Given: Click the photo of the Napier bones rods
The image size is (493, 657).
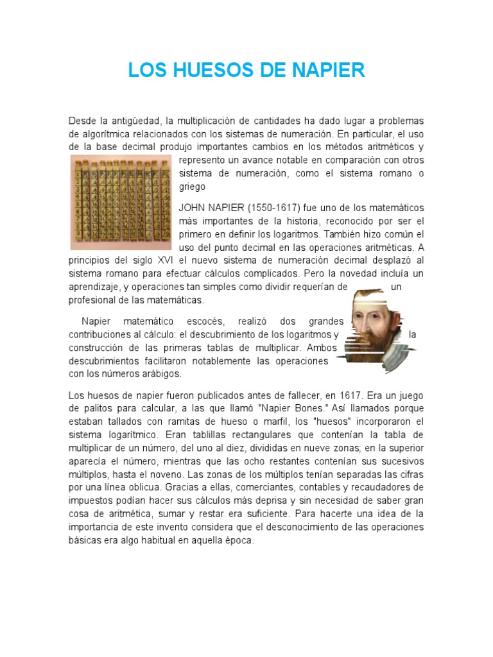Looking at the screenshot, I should point(121,202).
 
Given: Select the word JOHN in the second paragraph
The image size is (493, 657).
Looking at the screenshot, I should point(192,209).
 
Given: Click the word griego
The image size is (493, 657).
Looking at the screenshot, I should point(192,187).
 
